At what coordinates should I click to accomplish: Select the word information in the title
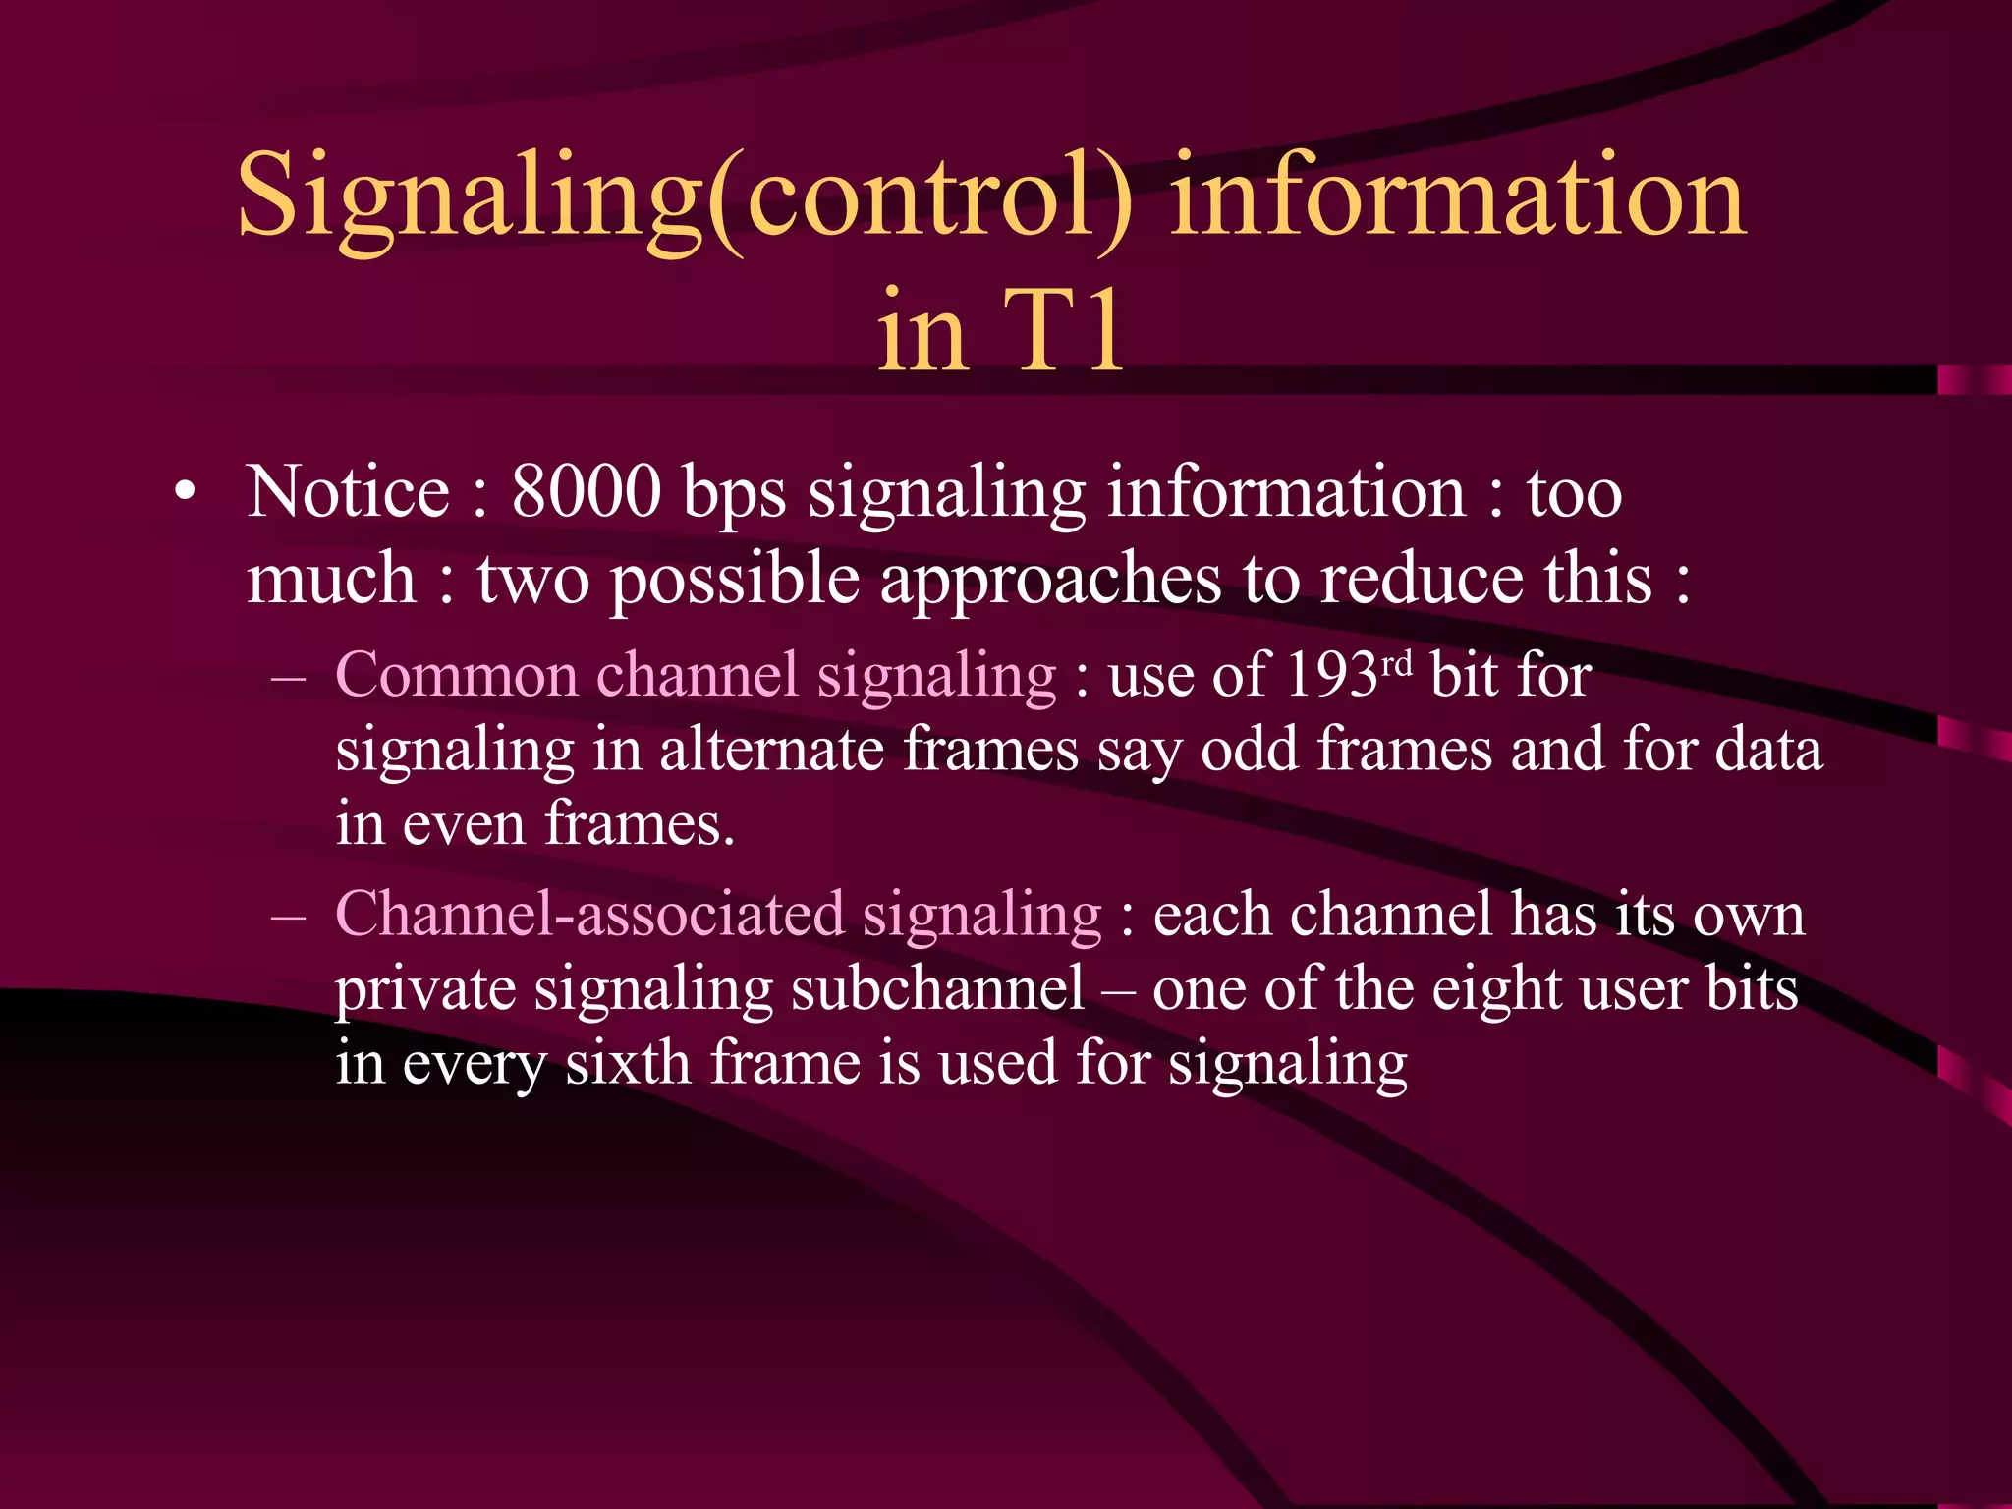(x=1457, y=196)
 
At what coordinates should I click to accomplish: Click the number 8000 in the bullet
(x=587, y=492)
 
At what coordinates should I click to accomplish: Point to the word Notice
(x=349, y=492)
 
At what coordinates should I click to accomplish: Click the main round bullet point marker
(x=185, y=493)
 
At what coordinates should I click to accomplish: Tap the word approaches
(x=1050, y=581)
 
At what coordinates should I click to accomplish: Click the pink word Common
(x=456, y=676)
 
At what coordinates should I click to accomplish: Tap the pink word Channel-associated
(x=589, y=915)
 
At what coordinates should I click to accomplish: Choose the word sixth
(x=628, y=1063)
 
